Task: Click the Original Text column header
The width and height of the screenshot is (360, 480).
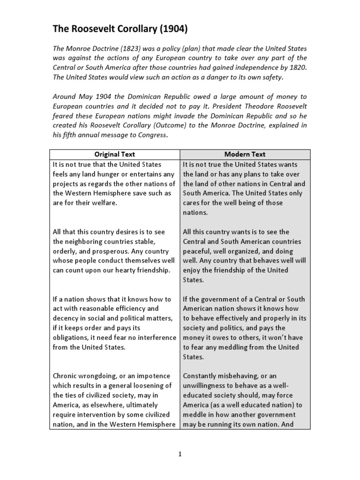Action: (114, 154)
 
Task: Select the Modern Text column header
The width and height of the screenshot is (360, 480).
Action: (244, 154)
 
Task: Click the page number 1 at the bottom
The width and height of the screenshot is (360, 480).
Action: (180, 454)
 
